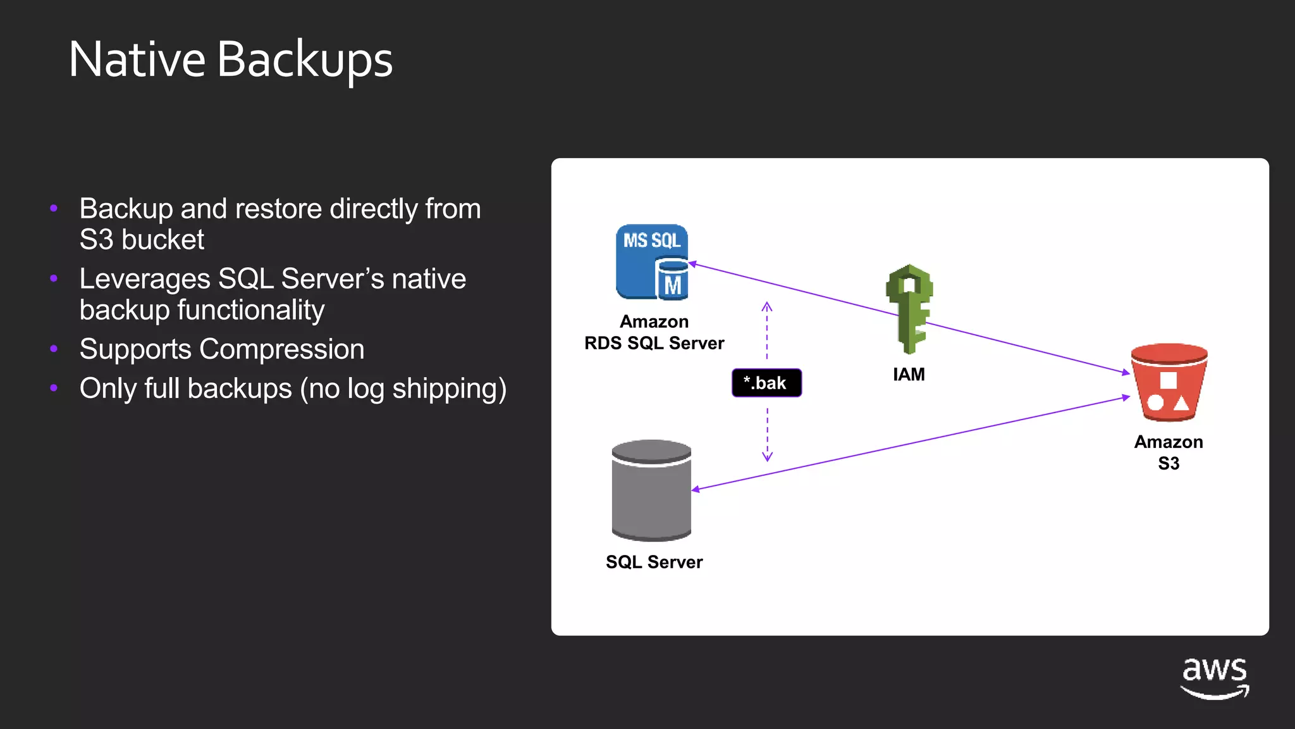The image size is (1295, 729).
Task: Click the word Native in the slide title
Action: (x=137, y=59)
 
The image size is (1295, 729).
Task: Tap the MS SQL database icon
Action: (x=652, y=262)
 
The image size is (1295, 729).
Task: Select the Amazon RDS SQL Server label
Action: (x=654, y=332)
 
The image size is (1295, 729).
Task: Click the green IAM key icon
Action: (x=909, y=308)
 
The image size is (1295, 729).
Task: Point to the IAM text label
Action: (x=909, y=375)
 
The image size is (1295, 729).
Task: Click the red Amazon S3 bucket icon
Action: (x=1169, y=382)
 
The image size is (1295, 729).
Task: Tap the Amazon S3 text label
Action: (x=1169, y=452)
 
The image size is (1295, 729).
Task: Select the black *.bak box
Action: (x=766, y=383)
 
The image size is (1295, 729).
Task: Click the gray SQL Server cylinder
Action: (x=651, y=490)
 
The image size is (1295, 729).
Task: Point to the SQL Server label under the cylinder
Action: (x=654, y=562)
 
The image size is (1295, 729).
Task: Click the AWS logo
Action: (x=1215, y=678)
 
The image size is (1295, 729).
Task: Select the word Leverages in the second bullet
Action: (x=145, y=279)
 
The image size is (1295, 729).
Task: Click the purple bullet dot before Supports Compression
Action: (x=54, y=349)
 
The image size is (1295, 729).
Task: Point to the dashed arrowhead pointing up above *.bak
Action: (x=766, y=307)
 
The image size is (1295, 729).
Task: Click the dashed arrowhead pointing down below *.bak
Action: (x=767, y=456)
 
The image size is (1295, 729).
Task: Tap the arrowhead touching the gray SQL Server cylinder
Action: (x=696, y=489)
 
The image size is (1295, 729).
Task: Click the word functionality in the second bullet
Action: (x=250, y=310)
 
